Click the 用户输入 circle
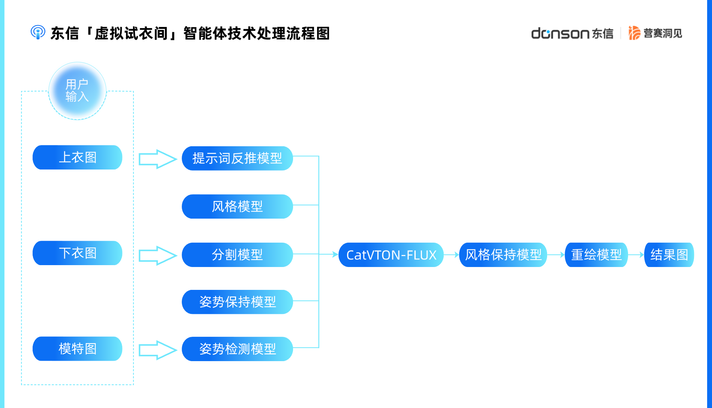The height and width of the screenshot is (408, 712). [x=78, y=91]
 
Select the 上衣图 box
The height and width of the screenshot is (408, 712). [x=78, y=157]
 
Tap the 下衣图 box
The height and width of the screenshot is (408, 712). [x=78, y=253]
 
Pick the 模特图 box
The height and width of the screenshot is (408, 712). [x=78, y=349]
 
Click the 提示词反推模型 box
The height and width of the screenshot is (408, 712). [x=237, y=158]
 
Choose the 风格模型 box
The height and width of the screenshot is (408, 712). [x=237, y=206]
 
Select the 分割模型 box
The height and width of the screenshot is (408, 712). [x=237, y=255]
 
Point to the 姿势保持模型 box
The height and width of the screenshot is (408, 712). [x=237, y=302]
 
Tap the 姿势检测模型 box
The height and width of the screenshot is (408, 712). [x=237, y=349]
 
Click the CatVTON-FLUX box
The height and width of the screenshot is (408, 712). [x=391, y=255]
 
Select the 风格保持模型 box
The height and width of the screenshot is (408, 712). [x=503, y=255]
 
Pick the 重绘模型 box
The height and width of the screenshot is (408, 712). [x=596, y=255]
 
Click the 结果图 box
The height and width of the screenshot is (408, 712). [x=669, y=255]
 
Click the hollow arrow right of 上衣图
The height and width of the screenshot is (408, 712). [x=157, y=159]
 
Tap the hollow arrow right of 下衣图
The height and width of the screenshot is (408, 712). [x=157, y=256]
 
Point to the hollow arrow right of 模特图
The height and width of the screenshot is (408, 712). [x=157, y=350]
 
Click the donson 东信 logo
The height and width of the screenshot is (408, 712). [x=572, y=33]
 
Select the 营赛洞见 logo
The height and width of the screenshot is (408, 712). [x=655, y=33]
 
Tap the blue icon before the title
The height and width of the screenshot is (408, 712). [x=38, y=32]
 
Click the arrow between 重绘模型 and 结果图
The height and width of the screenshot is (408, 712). [x=636, y=255]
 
